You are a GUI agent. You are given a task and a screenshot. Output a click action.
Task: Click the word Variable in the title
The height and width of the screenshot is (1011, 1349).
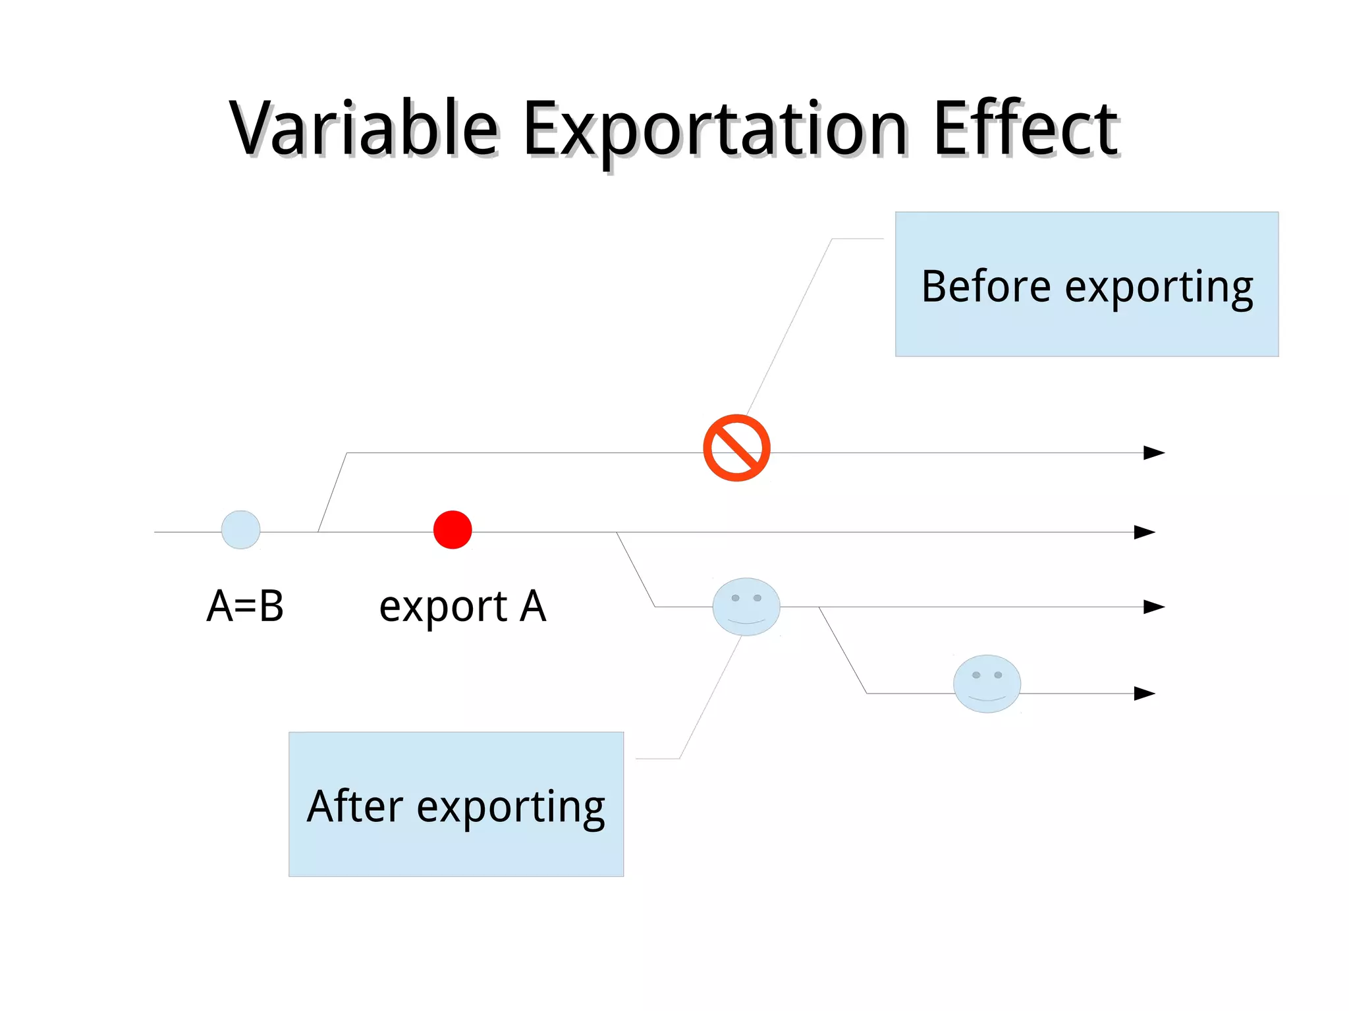(x=363, y=129)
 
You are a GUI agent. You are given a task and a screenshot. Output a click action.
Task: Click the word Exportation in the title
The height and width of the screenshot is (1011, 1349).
(x=715, y=129)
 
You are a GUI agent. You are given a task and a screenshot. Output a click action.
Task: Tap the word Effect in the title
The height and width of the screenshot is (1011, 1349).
(x=1026, y=129)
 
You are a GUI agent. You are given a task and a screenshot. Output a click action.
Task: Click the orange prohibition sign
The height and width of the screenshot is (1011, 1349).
(x=736, y=448)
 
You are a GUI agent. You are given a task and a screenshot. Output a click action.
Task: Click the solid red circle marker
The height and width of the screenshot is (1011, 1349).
(x=453, y=530)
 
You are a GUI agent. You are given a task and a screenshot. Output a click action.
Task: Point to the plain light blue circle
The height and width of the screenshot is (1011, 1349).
(x=240, y=530)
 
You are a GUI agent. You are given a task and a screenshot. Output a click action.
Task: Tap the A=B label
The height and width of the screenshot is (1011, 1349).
(x=245, y=606)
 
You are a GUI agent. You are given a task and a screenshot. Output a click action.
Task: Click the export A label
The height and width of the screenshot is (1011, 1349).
(x=462, y=606)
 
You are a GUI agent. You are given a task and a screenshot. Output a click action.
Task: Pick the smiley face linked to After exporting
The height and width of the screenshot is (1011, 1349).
(x=746, y=607)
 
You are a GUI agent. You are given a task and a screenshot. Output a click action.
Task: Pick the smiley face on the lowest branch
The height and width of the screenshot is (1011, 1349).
(x=987, y=684)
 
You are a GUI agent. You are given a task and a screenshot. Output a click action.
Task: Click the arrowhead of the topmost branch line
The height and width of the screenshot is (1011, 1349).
(x=1153, y=452)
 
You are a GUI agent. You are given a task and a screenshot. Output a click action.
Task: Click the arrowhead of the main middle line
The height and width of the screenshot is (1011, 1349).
(x=1144, y=532)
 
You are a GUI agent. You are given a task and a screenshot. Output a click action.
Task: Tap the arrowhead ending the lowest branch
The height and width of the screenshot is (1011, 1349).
(x=1144, y=694)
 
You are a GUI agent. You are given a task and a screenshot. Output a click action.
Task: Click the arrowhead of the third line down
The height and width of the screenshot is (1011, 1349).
(x=1153, y=607)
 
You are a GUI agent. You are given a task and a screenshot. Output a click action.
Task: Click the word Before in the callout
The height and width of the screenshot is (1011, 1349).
(x=985, y=287)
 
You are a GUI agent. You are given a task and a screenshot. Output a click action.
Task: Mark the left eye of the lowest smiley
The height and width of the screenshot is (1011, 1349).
(x=976, y=675)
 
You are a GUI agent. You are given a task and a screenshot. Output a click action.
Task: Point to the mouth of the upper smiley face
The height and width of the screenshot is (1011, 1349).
(x=746, y=621)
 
